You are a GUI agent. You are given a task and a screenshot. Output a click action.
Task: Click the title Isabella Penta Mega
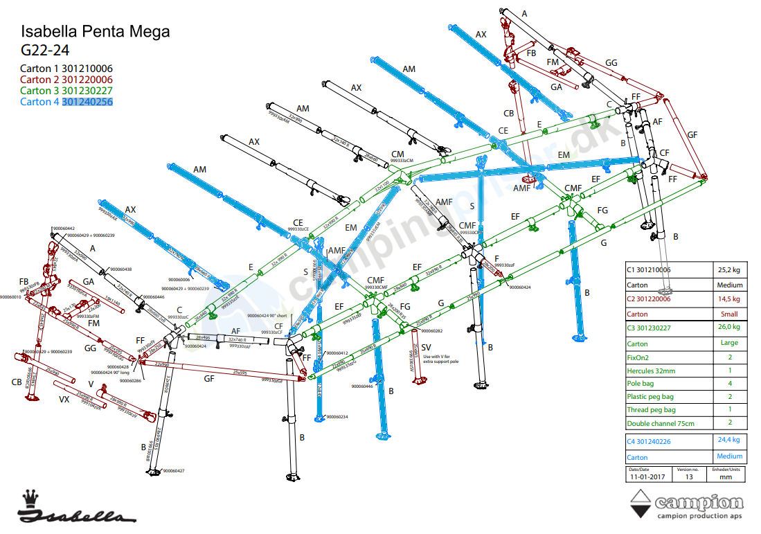point(95,32)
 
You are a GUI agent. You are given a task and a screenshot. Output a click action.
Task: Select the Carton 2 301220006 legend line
point(66,80)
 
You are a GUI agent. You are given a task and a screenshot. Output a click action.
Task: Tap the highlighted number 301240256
point(87,102)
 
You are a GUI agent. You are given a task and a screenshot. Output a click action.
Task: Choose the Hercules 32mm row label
point(651,371)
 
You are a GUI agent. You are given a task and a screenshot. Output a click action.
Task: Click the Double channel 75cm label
point(660,423)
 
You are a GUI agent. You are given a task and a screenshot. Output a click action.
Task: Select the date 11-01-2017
point(646,477)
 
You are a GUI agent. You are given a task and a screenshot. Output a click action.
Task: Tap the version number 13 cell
point(689,477)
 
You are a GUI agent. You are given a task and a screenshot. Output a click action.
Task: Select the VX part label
point(64,400)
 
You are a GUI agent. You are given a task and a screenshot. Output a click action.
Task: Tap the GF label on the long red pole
point(208,379)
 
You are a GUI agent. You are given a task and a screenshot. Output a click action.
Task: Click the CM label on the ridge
point(397,154)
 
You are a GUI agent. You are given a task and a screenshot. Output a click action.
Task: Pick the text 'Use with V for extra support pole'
point(441,359)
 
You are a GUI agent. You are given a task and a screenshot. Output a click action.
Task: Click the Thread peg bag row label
point(651,410)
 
